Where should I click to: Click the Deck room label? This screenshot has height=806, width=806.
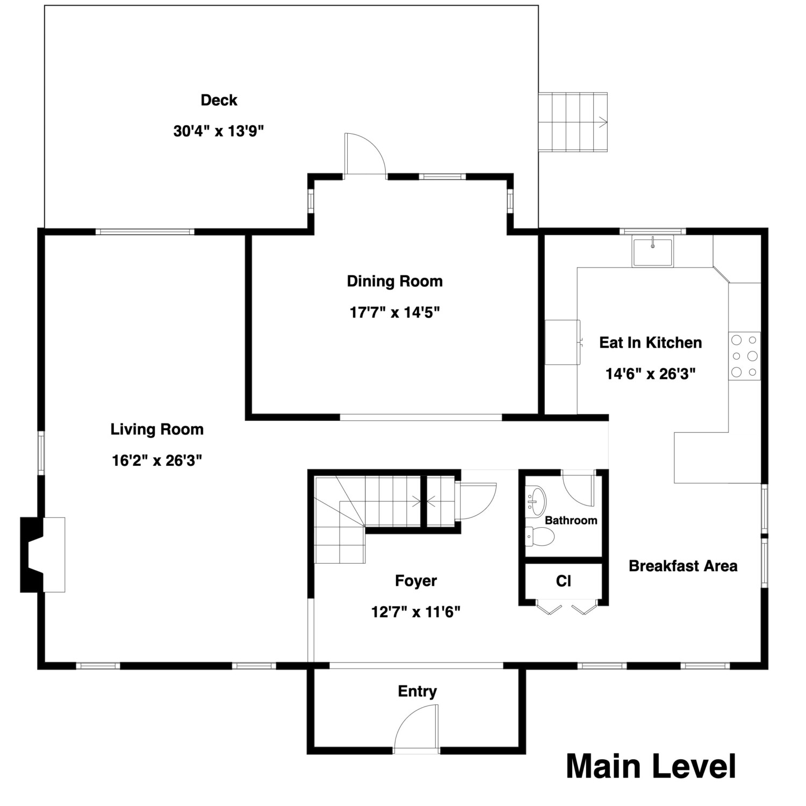coord(219,100)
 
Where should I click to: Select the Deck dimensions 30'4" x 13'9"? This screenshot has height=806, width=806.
coord(219,131)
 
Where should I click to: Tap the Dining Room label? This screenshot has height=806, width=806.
coord(394,281)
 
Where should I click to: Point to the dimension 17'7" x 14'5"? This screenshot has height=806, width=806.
coord(394,312)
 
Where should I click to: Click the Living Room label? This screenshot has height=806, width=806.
coord(157,429)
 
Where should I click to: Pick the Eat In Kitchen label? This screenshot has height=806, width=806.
coord(650,343)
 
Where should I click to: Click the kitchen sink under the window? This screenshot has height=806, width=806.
coord(652,252)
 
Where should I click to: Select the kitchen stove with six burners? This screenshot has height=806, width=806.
coord(744,356)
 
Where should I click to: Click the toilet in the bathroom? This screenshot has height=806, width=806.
coord(541,536)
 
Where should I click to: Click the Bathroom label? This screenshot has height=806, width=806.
coord(571,520)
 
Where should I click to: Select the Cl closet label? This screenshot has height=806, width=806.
coord(563,581)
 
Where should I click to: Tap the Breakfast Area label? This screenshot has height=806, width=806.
coord(682,566)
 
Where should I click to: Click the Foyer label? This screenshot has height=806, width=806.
coord(415,581)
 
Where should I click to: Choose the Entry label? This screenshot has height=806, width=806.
coord(417,691)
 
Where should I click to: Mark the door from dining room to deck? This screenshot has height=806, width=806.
coord(364,155)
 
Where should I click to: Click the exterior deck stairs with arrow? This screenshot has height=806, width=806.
coord(573,122)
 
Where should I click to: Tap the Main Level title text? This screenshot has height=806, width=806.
coord(651,766)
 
